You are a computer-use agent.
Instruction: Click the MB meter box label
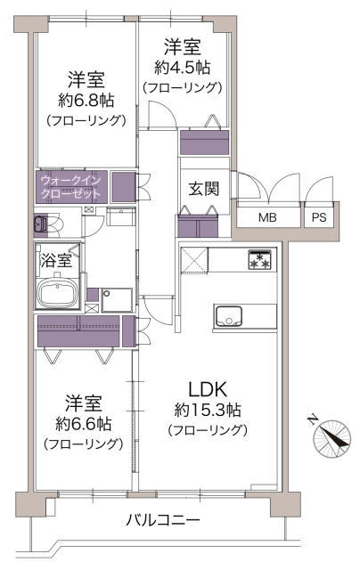point(267,217)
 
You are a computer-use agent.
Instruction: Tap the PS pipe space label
point(319,217)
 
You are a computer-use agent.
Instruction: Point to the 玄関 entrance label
point(204,189)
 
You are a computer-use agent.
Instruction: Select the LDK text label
point(208,389)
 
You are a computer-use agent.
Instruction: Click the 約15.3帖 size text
point(208,410)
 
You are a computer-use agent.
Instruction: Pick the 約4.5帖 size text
point(182,68)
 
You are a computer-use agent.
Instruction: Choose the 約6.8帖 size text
point(86,101)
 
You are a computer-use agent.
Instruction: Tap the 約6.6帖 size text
point(83,424)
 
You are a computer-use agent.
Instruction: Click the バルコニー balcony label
point(163,520)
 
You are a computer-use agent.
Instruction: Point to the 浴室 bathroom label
point(56,260)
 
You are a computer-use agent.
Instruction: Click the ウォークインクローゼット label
point(71,186)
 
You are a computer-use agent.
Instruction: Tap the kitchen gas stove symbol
point(259,259)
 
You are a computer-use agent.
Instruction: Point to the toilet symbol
point(45,223)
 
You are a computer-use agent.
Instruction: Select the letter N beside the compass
point(312,419)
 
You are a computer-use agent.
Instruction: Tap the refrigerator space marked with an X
point(194,259)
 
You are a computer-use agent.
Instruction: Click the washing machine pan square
point(117,300)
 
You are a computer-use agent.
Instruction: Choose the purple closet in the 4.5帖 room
point(205,142)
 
